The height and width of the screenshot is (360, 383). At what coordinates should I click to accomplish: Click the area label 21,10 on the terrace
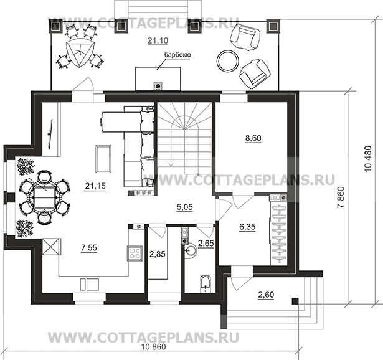(158, 40)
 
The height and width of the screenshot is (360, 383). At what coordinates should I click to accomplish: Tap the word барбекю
(177, 55)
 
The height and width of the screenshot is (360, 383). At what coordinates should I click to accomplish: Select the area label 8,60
(253, 138)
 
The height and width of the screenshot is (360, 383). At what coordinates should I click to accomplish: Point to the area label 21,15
(95, 186)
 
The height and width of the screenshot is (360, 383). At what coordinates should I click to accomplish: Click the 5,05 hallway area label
(185, 207)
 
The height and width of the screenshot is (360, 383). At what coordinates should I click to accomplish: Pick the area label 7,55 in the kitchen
(89, 248)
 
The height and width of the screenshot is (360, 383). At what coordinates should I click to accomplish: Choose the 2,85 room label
(158, 254)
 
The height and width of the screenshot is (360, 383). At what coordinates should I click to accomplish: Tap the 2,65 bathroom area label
(206, 244)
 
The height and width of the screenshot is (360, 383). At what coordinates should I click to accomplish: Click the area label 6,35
(247, 227)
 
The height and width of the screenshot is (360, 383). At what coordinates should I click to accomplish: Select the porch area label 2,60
(266, 295)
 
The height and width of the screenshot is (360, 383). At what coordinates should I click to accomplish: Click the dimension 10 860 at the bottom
(154, 347)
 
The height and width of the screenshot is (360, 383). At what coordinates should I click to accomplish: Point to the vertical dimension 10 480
(368, 159)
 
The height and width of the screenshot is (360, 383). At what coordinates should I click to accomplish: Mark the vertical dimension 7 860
(341, 197)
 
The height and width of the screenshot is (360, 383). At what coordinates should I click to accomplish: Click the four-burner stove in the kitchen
(135, 253)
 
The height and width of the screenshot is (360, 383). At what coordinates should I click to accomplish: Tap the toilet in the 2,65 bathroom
(205, 284)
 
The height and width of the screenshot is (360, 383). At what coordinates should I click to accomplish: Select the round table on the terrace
(228, 60)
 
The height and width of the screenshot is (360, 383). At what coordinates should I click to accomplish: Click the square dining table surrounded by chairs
(44, 197)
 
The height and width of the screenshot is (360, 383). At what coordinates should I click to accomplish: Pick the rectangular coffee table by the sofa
(103, 159)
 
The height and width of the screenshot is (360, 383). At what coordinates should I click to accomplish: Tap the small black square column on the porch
(295, 301)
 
